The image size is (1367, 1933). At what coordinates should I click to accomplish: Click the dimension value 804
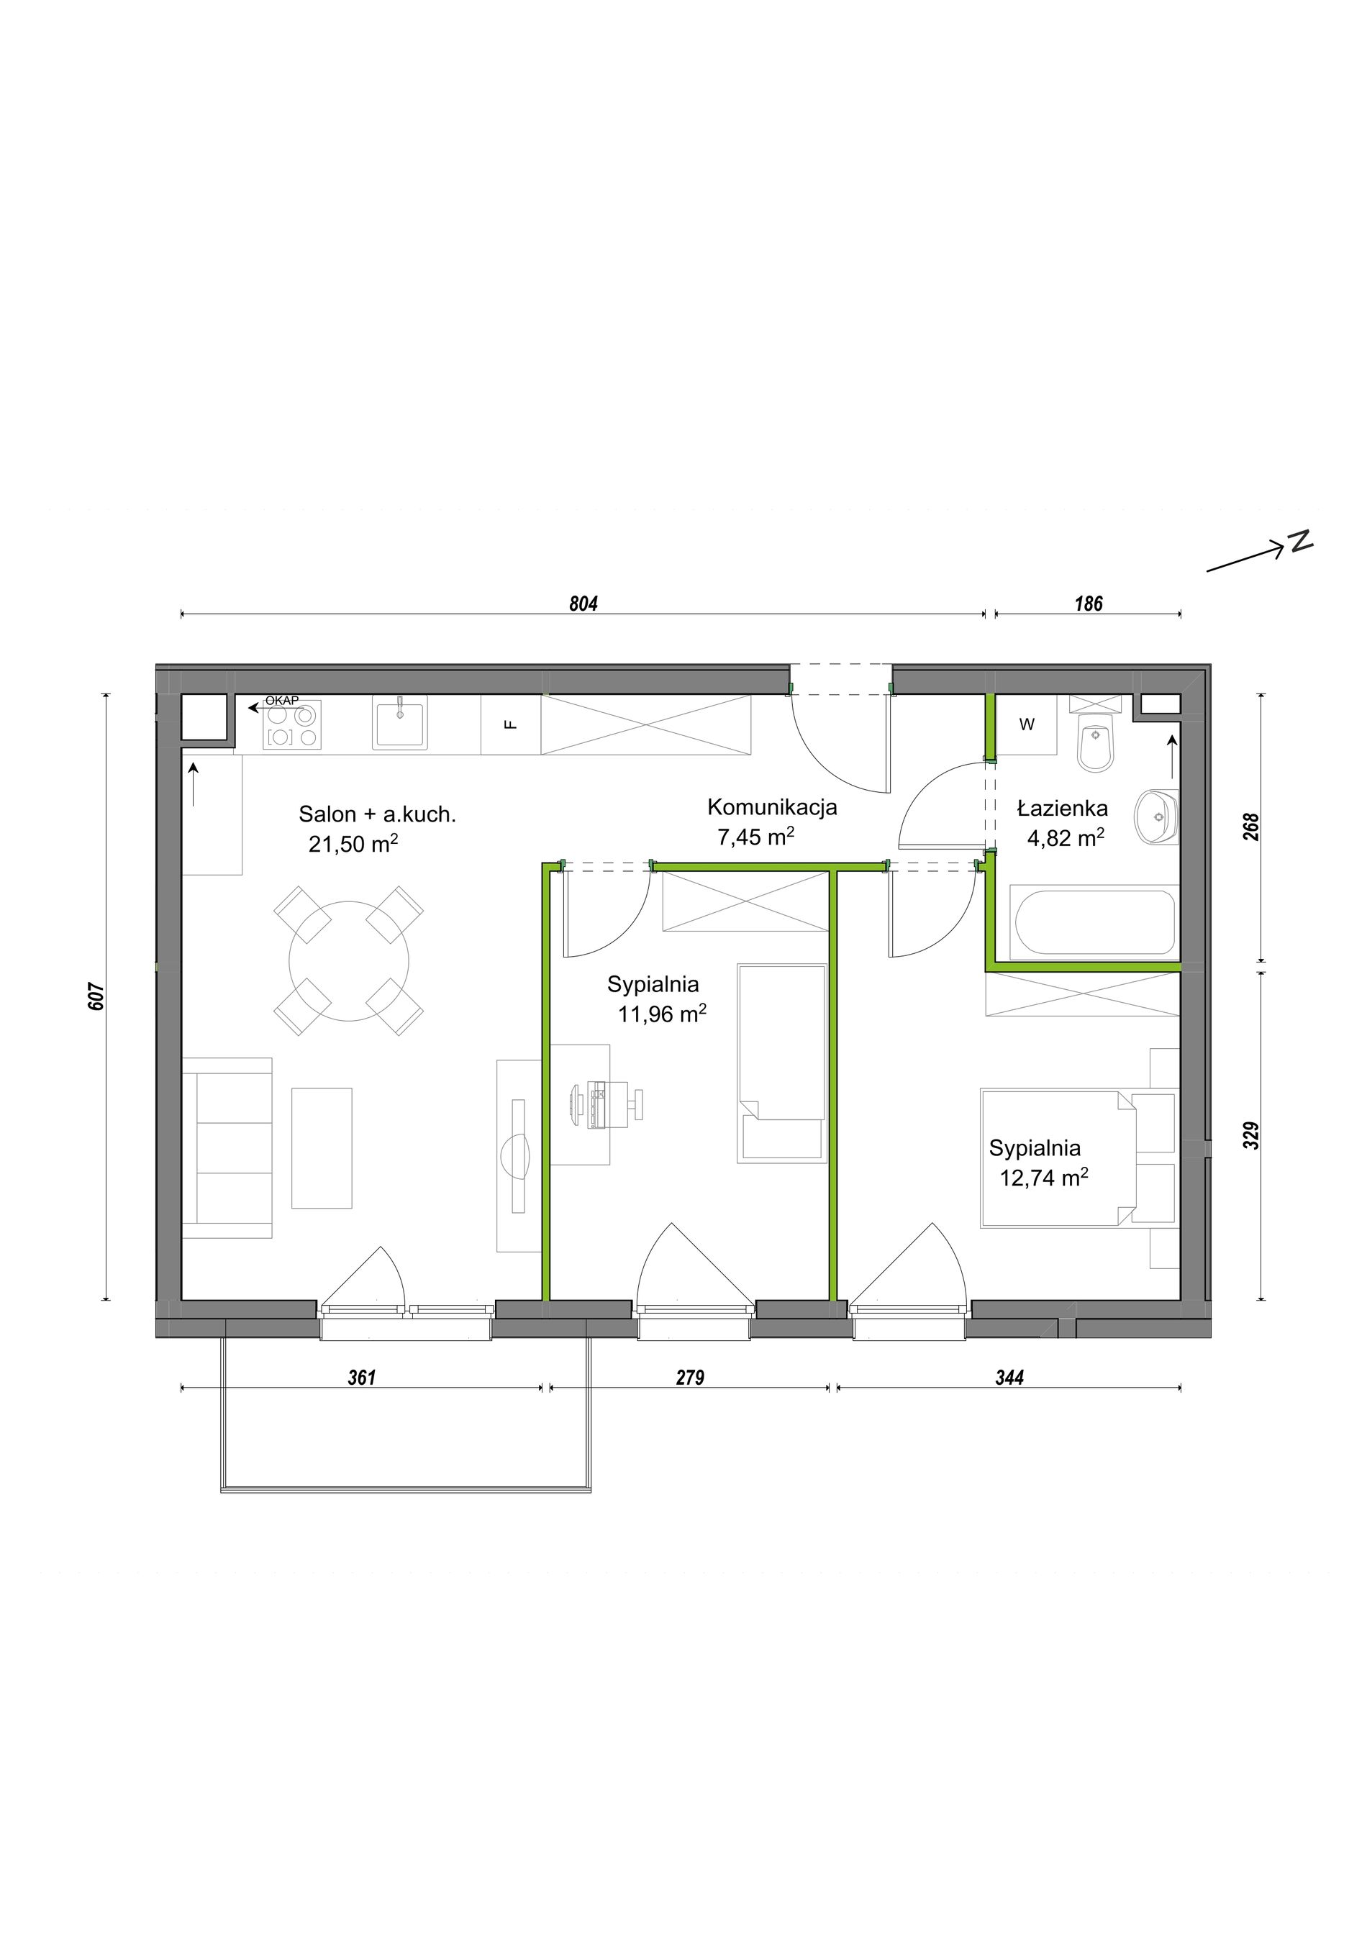[x=583, y=604]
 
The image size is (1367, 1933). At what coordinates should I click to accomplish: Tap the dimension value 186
[x=1089, y=604]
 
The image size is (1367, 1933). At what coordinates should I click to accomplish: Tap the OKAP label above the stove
[x=282, y=701]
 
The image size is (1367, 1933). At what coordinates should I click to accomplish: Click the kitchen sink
[x=400, y=722]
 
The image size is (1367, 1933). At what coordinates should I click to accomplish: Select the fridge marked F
[x=511, y=725]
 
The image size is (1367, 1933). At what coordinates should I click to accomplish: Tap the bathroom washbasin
[x=1158, y=816]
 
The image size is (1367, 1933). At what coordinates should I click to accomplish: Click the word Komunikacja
[x=772, y=806]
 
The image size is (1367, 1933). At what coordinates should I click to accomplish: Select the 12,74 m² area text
[x=1044, y=1177]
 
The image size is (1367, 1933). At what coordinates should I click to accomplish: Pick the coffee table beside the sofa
[x=322, y=1147]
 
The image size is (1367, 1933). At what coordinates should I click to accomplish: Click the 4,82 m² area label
[x=1066, y=837]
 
